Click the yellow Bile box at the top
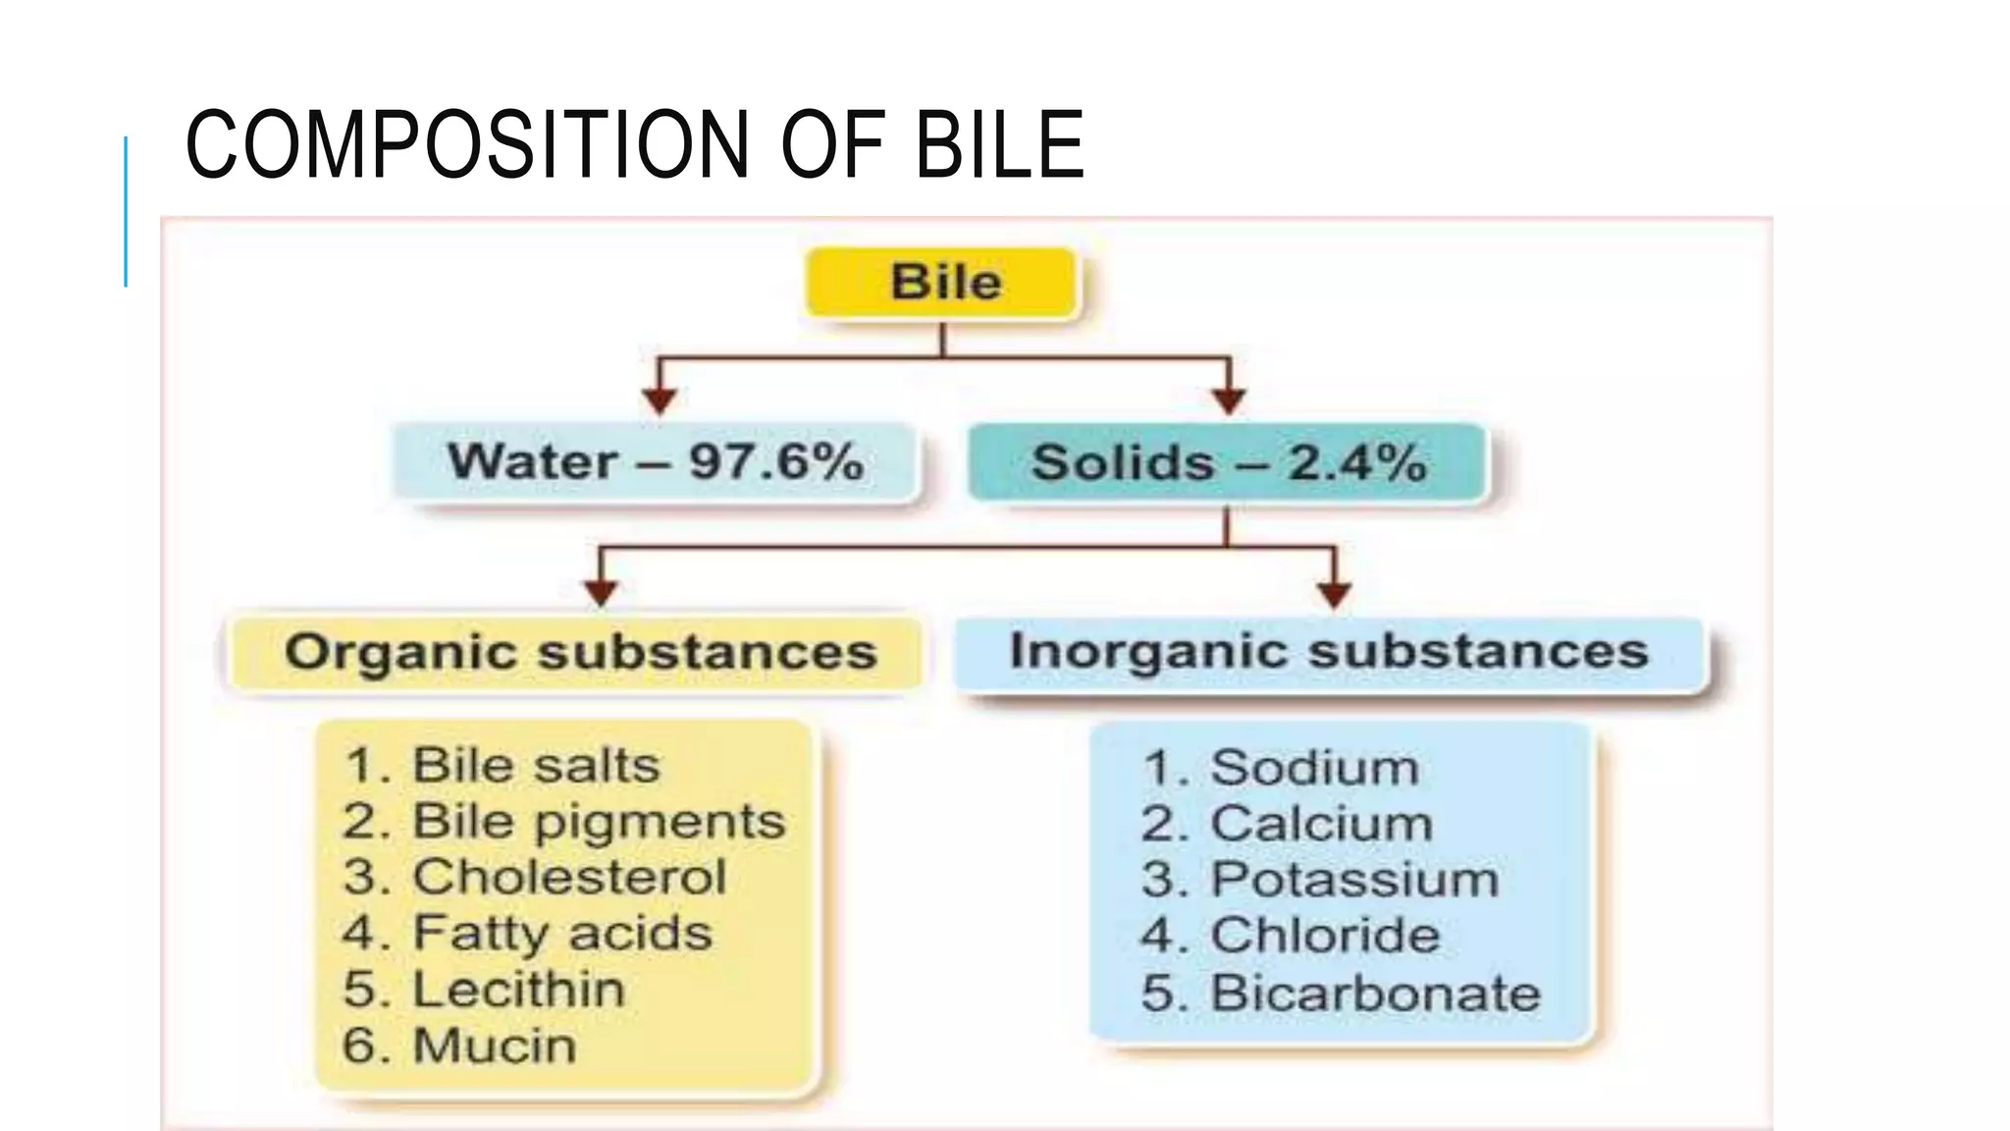click(942, 283)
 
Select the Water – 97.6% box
click(655, 462)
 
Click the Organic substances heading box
click(579, 653)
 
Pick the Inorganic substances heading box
click(1329, 652)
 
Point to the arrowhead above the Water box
click(660, 400)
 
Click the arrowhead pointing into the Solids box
click(1229, 400)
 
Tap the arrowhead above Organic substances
click(601, 592)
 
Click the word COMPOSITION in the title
click(467, 145)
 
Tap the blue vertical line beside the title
click(126, 211)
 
